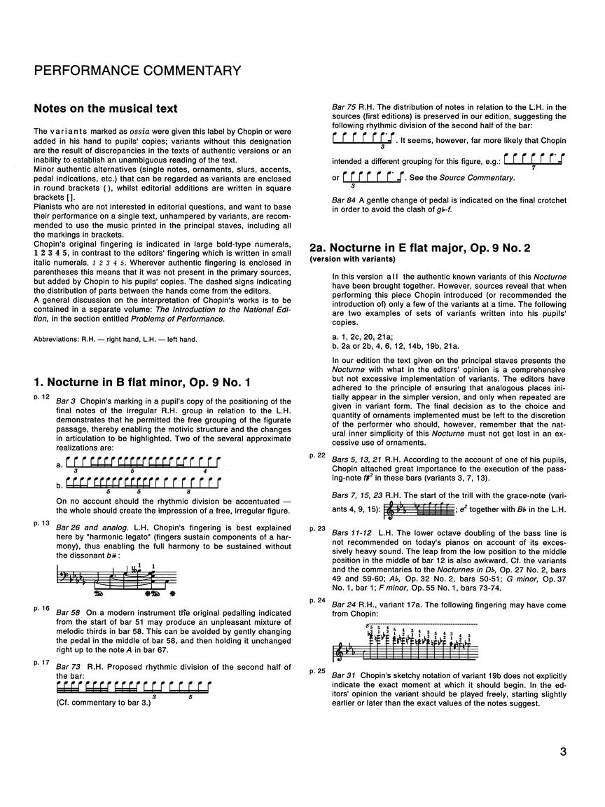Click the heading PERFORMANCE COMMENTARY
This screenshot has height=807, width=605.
(x=137, y=71)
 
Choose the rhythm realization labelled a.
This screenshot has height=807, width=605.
(x=142, y=464)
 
